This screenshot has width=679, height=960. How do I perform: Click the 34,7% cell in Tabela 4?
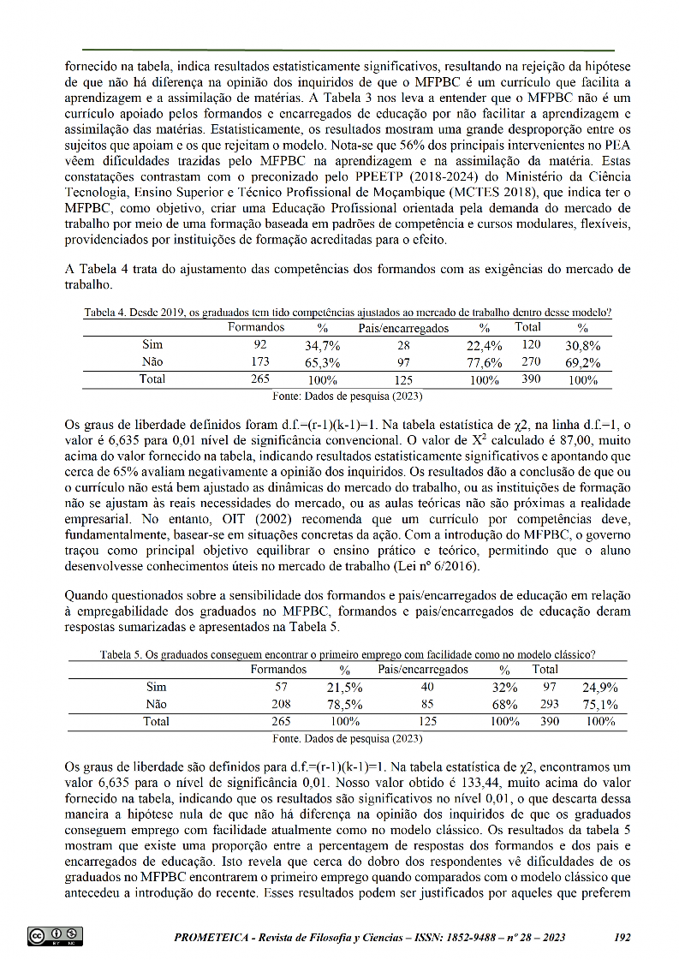click(x=323, y=346)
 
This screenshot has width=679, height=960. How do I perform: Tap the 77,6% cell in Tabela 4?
click(x=484, y=362)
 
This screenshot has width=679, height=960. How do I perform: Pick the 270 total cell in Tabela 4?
click(x=531, y=362)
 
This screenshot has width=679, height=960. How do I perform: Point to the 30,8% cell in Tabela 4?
click(x=583, y=346)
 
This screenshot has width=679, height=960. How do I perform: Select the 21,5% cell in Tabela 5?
click(x=345, y=688)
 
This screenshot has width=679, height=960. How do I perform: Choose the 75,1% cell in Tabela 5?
click(x=599, y=705)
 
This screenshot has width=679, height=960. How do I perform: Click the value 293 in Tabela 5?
click(x=549, y=705)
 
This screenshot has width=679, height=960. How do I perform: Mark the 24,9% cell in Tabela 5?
click(x=599, y=688)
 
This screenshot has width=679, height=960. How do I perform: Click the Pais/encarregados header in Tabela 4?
click(x=403, y=328)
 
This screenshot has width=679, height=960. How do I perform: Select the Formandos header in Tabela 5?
click(x=278, y=670)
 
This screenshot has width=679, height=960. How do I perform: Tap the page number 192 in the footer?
click(x=622, y=938)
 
